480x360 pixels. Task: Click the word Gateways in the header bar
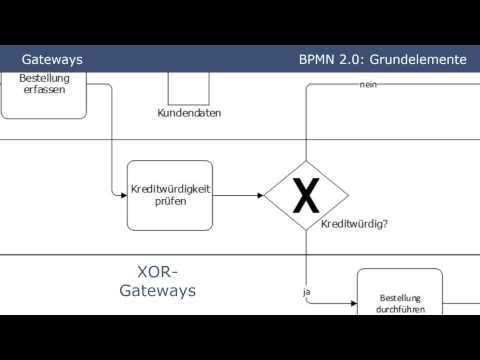coord(52,59)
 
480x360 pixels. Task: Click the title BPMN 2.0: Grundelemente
coord(382,59)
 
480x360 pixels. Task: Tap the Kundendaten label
coord(189,113)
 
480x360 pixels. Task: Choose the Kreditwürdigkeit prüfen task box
coord(170,195)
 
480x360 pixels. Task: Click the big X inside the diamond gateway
coord(305,196)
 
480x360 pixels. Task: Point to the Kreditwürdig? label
coord(354,224)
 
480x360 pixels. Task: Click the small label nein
coord(367,84)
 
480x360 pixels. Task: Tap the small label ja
coord(307,291)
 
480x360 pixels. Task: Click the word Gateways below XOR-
coord(157,291)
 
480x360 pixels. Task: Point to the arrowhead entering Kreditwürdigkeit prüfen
coord(123,194)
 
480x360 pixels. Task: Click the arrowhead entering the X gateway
coord(259,196)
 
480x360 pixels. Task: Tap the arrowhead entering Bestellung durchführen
coord(352,303)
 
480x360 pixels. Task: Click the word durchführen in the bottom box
coord(400,310)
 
